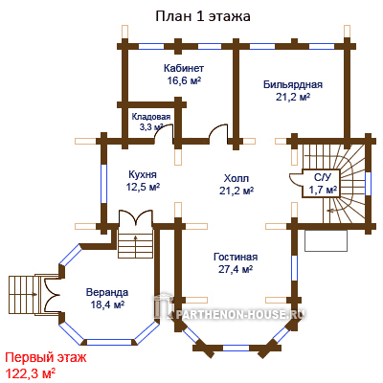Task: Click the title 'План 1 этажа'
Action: click(x=203, y=16)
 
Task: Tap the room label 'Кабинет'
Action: click(x=184, y=68)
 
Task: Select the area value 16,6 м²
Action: click(x=184, y=80)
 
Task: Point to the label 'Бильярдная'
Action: click(x=293, y=84)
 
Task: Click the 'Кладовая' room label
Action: click(x=151, y=117)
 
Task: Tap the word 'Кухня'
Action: click(x=143, y=175)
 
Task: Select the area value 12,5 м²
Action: click(x=143, y=187)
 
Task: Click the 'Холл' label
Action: click(x=237, y=178)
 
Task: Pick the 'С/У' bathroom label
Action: click(x=320, y=178)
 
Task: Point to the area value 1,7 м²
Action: click(x=323, y=191)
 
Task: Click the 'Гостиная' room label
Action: click(x=236, y=257)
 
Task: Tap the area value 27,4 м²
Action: click(x=236, y=269)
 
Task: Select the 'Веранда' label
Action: click(x=107, y=292)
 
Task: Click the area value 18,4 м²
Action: click(x=107, y=304)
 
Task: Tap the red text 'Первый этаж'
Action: click(x=46, y=358)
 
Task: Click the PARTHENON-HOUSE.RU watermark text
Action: click(x=239, y=314)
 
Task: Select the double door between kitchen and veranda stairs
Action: click(x=136, y=217)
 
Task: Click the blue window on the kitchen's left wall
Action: click(x=104, y=184)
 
